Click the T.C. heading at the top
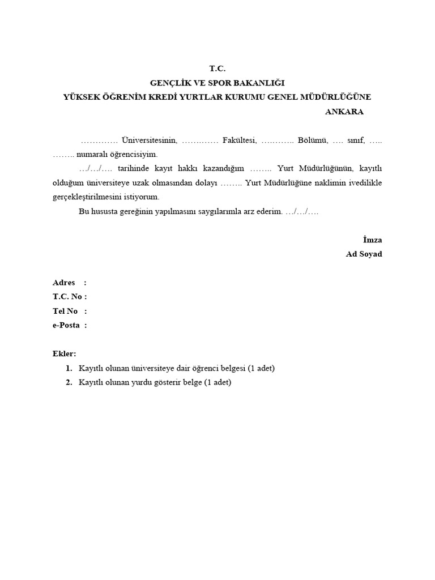[x=217, y=69]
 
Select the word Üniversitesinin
[x=150, y=140]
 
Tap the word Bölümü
[x=312, y=140]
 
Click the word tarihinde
[x=133, y=168]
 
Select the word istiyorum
[x=142, y=197]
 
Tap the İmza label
[x=372, y=240]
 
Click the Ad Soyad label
[x=364, y=254]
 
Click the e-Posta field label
[x=66, y=325]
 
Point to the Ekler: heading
[x=64, y=353]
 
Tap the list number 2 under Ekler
[x=69, y=382]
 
